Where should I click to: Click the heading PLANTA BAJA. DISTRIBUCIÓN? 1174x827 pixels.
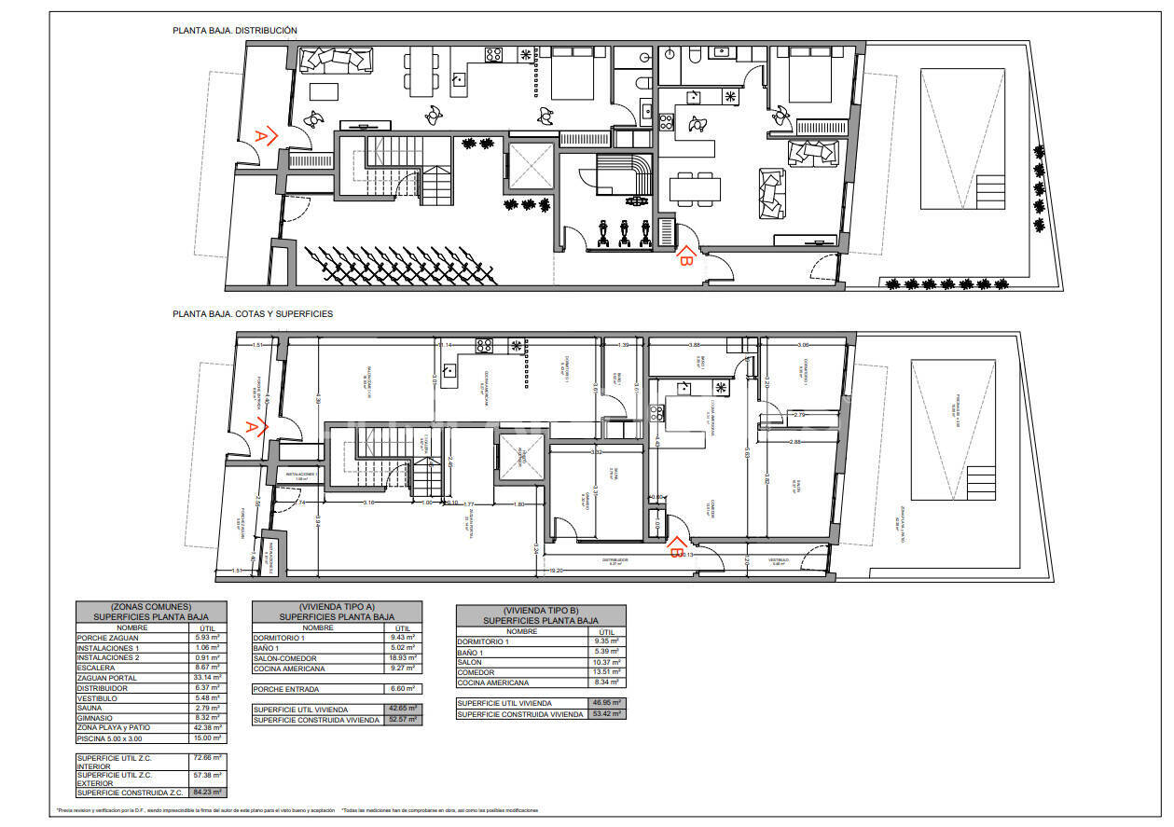234,31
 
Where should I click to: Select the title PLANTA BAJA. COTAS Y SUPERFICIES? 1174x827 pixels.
253,314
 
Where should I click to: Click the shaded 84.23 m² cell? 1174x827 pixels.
208,793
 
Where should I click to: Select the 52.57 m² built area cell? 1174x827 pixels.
403,720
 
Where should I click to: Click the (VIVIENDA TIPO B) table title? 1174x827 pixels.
541,610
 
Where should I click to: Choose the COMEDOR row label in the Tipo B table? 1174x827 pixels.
477,672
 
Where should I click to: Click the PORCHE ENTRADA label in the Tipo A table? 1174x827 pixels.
286,689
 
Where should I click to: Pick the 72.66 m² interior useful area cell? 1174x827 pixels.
208,759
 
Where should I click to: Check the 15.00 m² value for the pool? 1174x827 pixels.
208,737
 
